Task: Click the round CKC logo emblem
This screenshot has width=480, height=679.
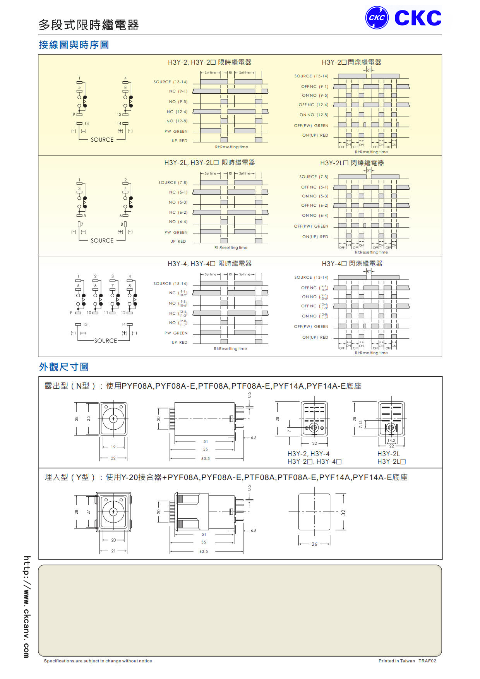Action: [377, 17]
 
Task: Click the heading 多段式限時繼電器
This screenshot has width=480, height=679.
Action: [89, 25]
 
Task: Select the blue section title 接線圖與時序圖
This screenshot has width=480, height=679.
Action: [74, 45]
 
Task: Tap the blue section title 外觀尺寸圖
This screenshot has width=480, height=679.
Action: [64, 367]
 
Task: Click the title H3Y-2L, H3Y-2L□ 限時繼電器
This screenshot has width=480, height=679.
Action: [209, 163]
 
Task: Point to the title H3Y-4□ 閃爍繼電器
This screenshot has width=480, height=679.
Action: [352, 264]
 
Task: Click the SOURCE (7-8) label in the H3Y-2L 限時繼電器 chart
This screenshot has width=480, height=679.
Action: [173, 182]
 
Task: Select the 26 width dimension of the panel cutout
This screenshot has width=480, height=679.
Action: [314, 544]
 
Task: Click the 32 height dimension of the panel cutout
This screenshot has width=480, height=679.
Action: [343, 512]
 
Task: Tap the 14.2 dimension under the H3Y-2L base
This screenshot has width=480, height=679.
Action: [391, 441]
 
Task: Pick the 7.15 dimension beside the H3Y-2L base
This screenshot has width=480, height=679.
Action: [360, 424]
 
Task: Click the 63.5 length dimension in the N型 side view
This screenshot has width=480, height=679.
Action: [205, 459]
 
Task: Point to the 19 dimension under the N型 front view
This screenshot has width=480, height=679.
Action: [113, 447]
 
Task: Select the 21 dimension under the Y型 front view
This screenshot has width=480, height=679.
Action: [113, 551]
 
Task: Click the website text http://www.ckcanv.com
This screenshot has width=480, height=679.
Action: [26, 606]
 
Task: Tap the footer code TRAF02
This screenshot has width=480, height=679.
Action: [427, 661]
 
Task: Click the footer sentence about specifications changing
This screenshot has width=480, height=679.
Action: [98, 661]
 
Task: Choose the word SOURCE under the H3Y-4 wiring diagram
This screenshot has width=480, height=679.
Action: [105, 341]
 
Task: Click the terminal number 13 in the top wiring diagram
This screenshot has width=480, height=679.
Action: [86, 123]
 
